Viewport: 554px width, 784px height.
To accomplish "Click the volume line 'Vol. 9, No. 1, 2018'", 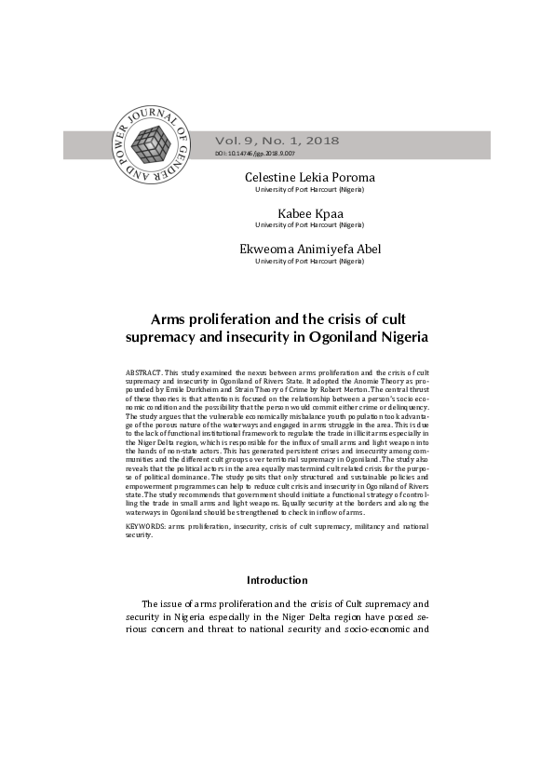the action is coord(277,141).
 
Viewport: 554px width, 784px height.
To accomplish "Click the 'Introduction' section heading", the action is coord(277,580).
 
